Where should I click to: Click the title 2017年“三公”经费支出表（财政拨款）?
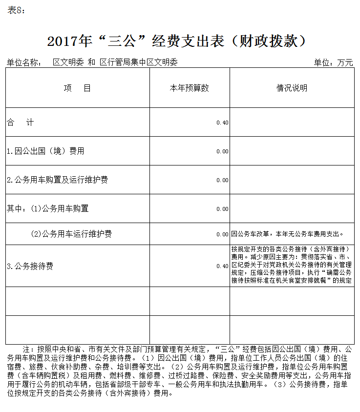pos(177,41)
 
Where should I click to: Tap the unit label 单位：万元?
pos(333,62)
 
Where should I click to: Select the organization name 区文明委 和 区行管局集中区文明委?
pos(115,62)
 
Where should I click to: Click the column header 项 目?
pos(77,88)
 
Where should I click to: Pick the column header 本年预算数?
pos(189,88)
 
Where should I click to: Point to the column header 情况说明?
pos(292,88)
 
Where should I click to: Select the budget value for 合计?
pos(222,123)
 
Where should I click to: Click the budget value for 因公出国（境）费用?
pos(222,151)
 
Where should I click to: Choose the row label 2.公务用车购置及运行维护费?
pos(57,180)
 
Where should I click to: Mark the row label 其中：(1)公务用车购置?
pos(47,209)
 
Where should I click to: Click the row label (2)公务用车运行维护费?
pos(71,234)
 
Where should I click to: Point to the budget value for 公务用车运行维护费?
pos(222,234)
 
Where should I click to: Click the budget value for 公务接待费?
pos(222,266)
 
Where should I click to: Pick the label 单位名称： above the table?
pos(24,62)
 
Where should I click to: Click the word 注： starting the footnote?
pos(30,350)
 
